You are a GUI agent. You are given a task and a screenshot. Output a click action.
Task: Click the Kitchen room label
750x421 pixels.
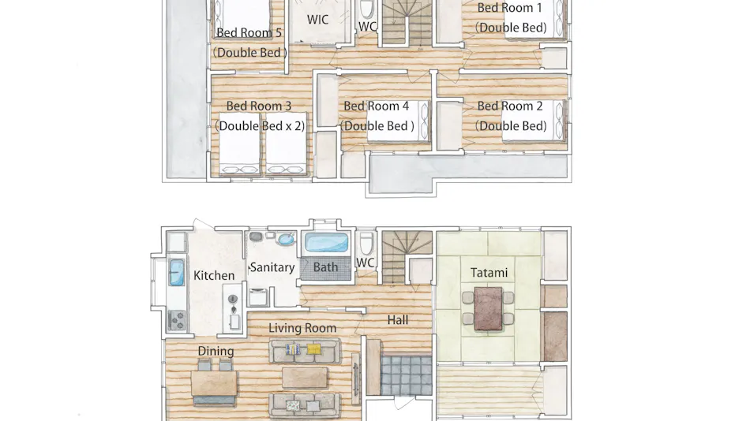click(x=214, y=275)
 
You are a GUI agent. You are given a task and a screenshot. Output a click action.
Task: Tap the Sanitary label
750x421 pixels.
click(x=272, y=267)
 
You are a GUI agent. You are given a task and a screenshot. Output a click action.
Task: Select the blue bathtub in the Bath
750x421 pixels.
click(x=326, y=242)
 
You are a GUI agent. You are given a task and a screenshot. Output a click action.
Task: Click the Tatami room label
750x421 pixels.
click(x=489, y=272)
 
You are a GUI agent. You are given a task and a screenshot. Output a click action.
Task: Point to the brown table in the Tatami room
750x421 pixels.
click(x=489, y=309)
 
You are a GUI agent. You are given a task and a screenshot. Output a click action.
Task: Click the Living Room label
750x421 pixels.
click(x=302, y=328)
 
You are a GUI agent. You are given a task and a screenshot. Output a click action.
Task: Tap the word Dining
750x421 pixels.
click(x=216, y=352)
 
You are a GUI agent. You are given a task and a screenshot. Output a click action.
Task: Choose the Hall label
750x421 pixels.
click(x=397, y=320)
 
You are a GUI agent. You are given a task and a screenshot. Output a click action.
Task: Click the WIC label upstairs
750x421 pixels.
click(x=317, y=20)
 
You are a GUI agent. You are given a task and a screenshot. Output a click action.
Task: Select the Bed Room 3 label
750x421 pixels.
click(x=259, y=106)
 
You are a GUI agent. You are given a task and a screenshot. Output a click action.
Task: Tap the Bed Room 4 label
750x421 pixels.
click(x=376, y=106)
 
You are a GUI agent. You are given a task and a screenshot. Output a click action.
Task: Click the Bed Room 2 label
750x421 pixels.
click(x=510, y=106)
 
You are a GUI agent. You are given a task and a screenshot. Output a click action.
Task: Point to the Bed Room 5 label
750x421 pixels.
click(x=249, y=32)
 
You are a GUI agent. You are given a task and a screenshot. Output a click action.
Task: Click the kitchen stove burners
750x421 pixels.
click(x=177, y=320)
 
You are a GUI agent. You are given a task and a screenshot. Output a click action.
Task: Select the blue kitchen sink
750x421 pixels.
click(x=177, y=272)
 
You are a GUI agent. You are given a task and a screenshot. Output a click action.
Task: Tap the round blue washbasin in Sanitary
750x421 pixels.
click(x=286, y=239)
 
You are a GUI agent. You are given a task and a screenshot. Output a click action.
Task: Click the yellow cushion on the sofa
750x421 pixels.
click(x=313, y=349)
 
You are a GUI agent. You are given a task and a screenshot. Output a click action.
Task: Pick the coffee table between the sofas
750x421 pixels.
click(x=305, y=378)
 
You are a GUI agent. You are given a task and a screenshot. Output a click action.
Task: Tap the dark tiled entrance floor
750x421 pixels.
click(x=406, y=375)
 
